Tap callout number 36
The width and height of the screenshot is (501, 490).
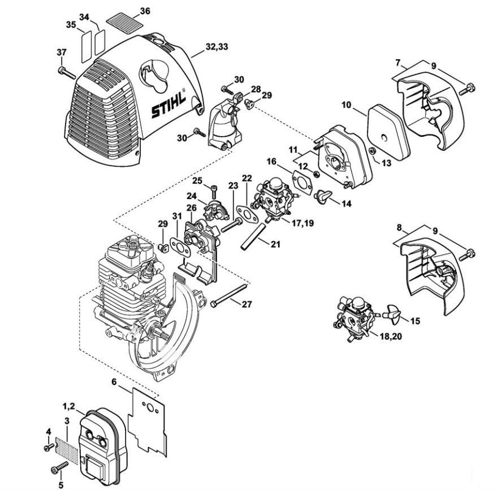(x=145, y=11)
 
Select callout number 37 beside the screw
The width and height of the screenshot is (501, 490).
(x=61, y=51)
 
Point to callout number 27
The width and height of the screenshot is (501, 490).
(x=247, y=304)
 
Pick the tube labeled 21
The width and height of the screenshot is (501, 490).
(x=254, y=237)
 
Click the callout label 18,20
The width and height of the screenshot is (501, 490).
(x=391, y=336)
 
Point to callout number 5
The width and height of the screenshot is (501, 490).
(x=61, y=484)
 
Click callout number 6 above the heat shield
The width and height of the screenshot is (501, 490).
(x=114, y=381)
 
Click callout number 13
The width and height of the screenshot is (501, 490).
(x=386, y=163)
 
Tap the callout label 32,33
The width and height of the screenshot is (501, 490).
(x=217, y=47)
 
